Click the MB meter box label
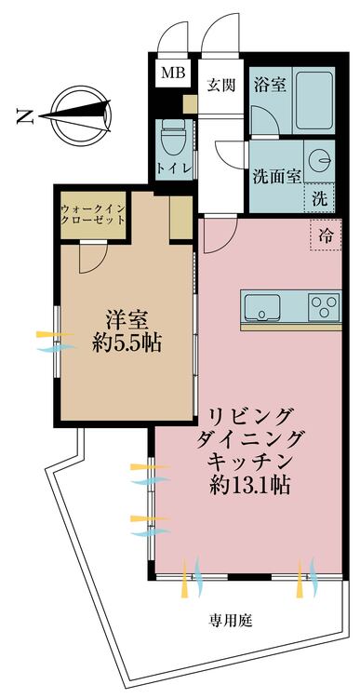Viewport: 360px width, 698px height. click(x=173, y=73)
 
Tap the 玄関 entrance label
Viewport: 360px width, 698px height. click(x=220, y=84)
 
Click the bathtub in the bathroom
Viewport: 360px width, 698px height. click(x=314, y=100)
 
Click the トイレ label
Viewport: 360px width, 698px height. click(x=175, y=168)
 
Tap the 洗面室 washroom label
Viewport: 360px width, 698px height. click(x=277, y=177)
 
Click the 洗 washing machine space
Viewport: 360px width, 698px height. click(x=319, y=198)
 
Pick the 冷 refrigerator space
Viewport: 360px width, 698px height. click(x=326, y=235)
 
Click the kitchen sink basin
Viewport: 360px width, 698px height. click(x=262, y=307)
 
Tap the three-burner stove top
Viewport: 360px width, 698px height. click(x=325, y=306)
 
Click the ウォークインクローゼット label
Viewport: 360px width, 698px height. click(x=93, y=215)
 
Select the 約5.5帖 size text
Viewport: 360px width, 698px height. click(x=127, y=344)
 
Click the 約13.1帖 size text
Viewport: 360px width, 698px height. click(x=250, y=485)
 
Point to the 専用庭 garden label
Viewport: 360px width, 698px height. click(x=231, y=620)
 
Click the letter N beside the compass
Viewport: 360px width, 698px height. click(x=25, y=116)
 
